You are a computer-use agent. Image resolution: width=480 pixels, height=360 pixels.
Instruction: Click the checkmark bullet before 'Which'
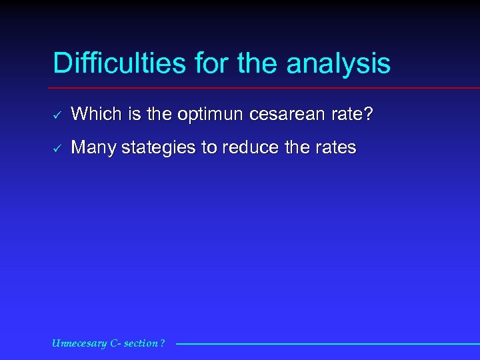[x=57, y=115]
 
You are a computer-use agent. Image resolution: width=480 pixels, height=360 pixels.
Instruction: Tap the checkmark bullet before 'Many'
[x=57, y=148]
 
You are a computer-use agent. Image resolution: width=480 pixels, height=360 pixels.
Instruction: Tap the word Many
[x=93, y=147]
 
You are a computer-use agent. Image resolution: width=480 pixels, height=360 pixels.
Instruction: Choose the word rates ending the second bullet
[x=336, y=147]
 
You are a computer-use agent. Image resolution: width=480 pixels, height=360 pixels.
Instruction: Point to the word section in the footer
[x=141, y=343]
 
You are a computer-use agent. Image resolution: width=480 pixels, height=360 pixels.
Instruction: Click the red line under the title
[x=267, y=88]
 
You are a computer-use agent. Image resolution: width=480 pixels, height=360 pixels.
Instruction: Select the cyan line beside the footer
[x=327, y=344]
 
